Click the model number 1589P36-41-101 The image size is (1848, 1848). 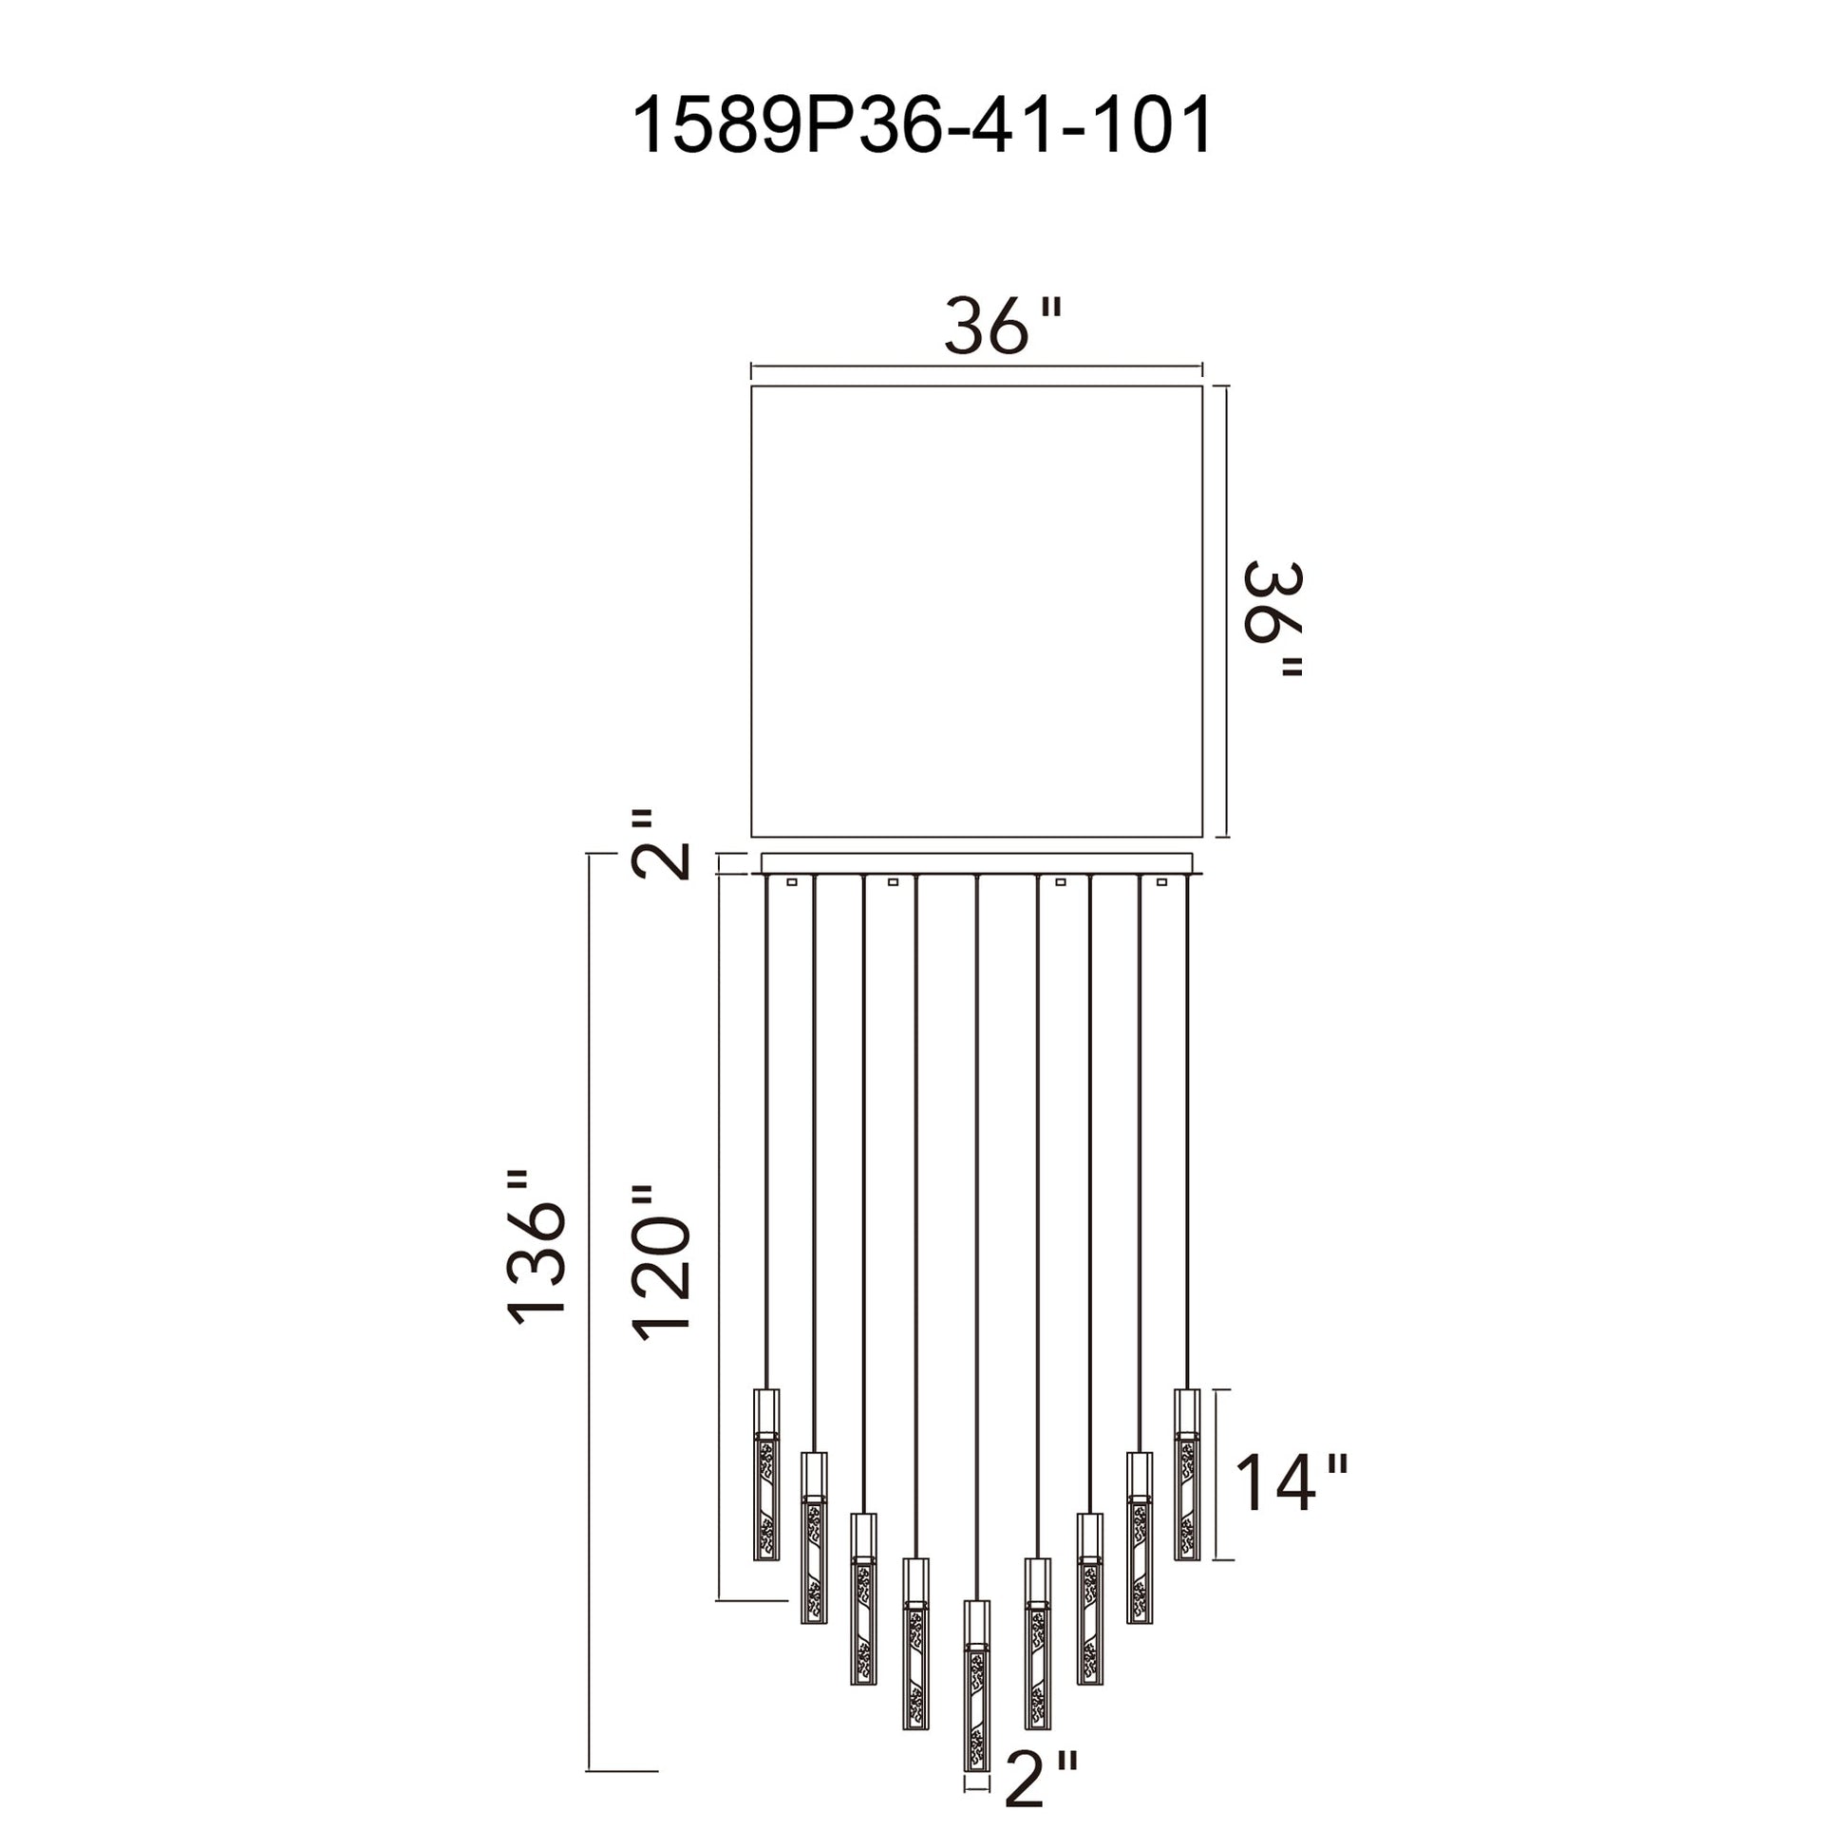click(x=923, y=124)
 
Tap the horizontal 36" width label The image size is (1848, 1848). click(x=1004, y=326)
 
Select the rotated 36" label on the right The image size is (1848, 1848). click(x=1273, y=619)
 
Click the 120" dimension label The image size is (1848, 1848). click(x=660, y=1263)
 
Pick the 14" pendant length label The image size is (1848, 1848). click(x=1292, y=1484)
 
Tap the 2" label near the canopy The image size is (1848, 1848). click(x=660, y=844)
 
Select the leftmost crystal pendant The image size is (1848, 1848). click(x=766, y=1474)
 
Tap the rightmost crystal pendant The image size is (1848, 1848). click(x=1187, y=1474)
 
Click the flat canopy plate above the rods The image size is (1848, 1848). click(x=975, y=863)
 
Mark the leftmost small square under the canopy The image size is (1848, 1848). click(x=792, y=882)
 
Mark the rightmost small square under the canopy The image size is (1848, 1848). click(x=1162, y=882)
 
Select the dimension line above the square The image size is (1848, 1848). click(x=975, y=366)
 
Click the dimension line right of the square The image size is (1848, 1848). click(x=1227, y=612)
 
